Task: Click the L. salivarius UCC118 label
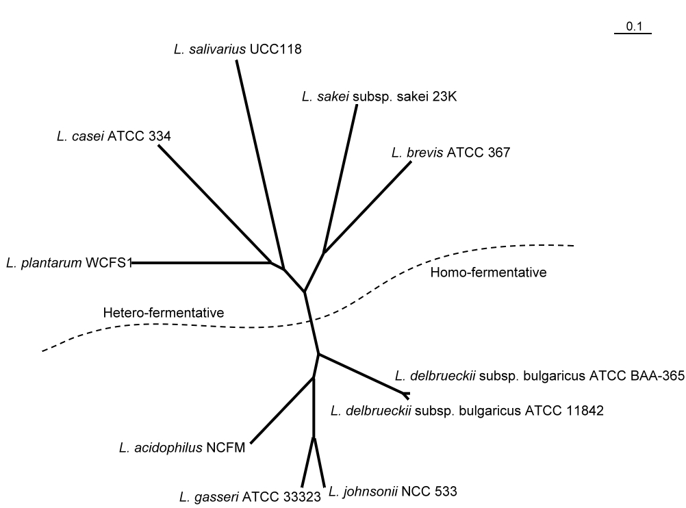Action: (x=238, y=49)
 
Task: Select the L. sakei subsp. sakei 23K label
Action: (x=379, y=97)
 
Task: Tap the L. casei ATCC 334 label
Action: (x=114, y=136)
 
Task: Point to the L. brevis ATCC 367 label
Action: (x=450, y=152)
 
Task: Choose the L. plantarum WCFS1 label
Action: (x=69, y=262)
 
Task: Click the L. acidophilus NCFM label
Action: (x=182, y=448)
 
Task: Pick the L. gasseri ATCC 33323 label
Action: (x=251, y=496)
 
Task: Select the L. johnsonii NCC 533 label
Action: (x=393, y=492)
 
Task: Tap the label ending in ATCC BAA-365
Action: (x=539, y=375)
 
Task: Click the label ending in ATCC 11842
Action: (x=467, y=410)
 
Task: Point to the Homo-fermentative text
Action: (x=488, y=272)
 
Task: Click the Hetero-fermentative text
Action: (x=164, y=312)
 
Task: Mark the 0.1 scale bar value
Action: (x=634, y=26)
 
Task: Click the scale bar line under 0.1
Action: (x=633, y=34)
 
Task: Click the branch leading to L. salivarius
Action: (x=260, y=164)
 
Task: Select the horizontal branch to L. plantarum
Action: (x=201, y=262)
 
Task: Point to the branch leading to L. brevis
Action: (x=368, y=207)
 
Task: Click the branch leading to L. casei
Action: (x=215, y=203)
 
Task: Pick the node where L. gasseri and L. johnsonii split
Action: (x=314, y=437)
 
